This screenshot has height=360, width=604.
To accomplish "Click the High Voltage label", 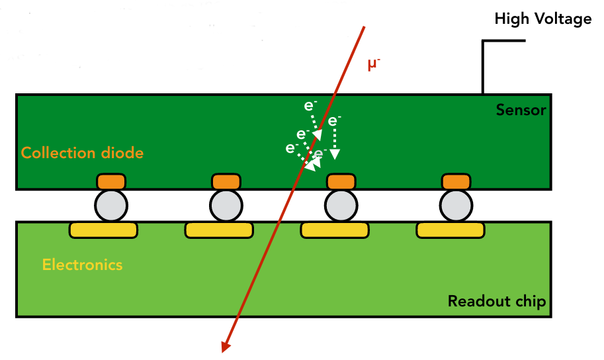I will coord(542,19).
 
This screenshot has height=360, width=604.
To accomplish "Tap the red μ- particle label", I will coord(375,64).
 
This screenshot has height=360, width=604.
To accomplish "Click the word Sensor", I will coord(521,110).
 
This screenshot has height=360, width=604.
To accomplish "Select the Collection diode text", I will coord(82,153).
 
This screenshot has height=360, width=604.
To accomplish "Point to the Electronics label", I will coord(82,265).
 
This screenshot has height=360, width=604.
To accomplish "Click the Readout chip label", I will coord(496,302).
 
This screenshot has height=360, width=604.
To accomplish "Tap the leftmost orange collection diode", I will coord(111,181).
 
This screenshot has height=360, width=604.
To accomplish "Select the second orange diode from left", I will coord(226,181).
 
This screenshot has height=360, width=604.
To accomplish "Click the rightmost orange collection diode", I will coord(456,181).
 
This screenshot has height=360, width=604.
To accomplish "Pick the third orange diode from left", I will coord(341,181).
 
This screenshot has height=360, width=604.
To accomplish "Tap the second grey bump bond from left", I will coord(226,206).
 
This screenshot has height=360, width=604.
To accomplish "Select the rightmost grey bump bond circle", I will coord(456,206).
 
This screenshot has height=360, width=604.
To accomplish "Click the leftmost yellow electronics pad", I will coord(103,230).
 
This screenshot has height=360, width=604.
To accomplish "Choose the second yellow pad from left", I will coord(218,230).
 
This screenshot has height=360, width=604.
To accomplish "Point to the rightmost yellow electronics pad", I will coord(450,230).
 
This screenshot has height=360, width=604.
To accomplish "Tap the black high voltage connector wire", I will coord(484,66).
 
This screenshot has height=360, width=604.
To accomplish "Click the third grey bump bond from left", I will coord(341,206).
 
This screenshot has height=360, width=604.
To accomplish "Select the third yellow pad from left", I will coord(335,230).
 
